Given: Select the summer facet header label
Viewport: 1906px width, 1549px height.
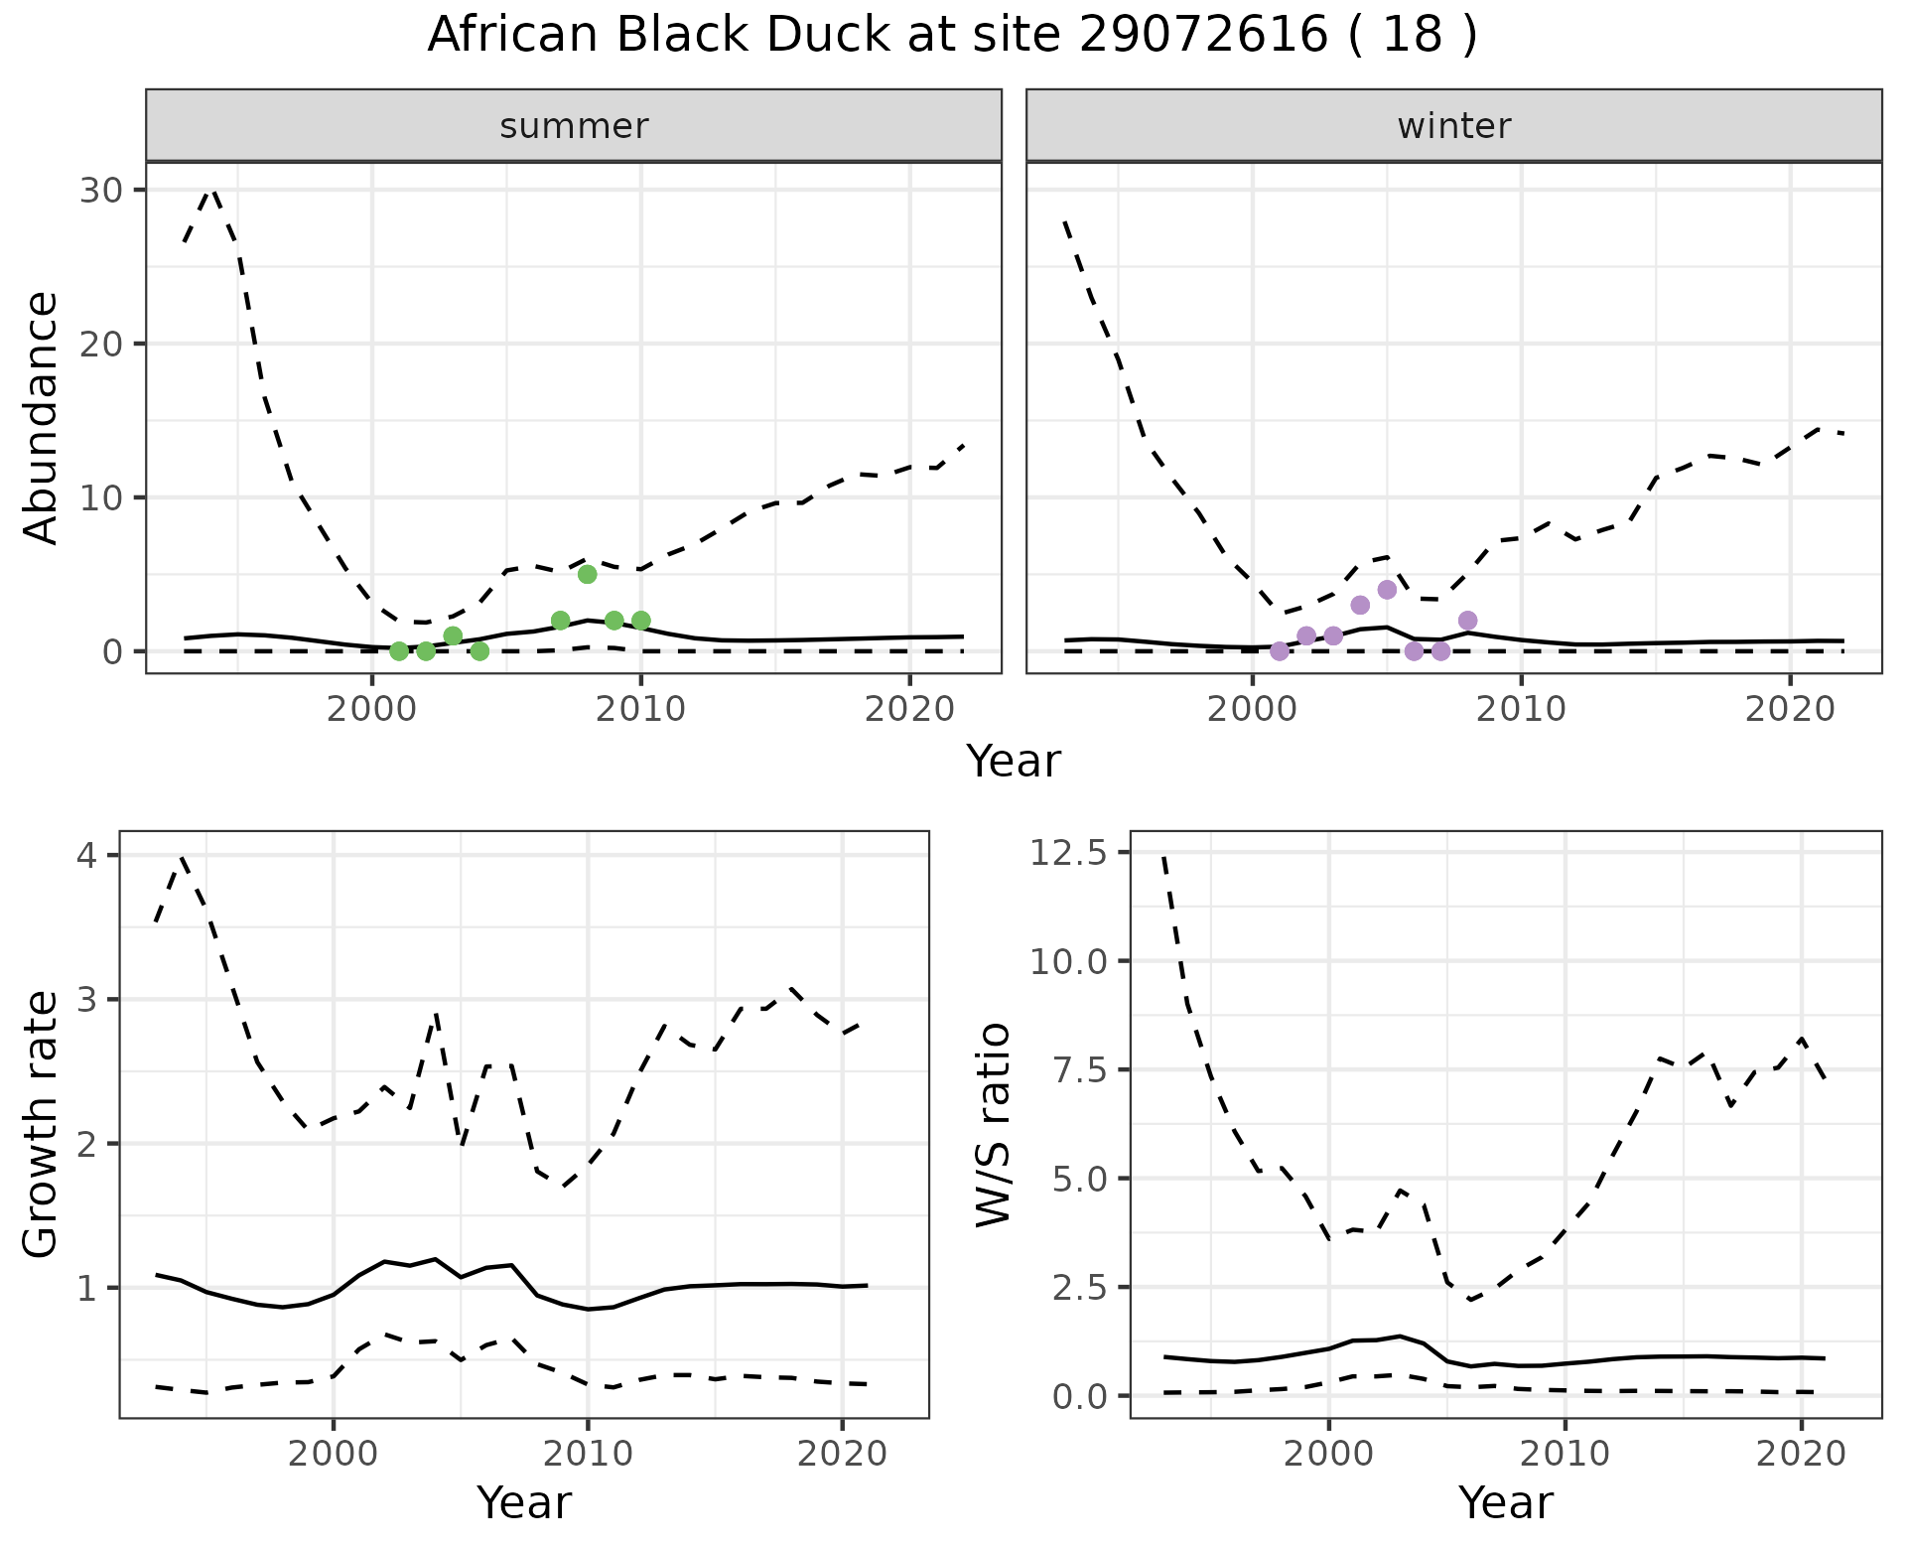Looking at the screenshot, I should pyautogui.click(x=574, y=126).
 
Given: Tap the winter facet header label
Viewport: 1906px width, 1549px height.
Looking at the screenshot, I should pyautogui.click(x=1453, y=126).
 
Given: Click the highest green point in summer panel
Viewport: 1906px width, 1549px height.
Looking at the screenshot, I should pyautogui.click(x=587, y=574).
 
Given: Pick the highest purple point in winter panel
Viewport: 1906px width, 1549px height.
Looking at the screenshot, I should pyautogui.click(x=1387, y=590).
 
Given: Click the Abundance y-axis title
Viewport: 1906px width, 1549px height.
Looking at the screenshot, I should pyautogui.click(x=42, y=417).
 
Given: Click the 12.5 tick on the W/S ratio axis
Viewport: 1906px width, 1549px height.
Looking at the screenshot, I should pyautogui.click(x=1068, y=853).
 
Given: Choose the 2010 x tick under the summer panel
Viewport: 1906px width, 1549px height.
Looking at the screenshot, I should pyautogui.click(x=640, y=709).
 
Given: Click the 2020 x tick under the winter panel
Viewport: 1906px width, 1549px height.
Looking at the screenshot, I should pyautogui.click(x=1789, y=709).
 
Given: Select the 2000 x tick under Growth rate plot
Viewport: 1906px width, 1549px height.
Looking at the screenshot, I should pyautogui.click(x=334, y=1455).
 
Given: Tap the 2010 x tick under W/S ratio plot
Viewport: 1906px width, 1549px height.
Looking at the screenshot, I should pyautogui.click(x=1565, y=1455).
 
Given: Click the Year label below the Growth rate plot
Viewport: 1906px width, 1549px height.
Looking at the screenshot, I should pyautogui.click(x=524, y=1502).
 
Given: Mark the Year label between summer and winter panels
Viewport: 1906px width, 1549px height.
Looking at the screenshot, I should pyautogui.click(x=1014, y=762).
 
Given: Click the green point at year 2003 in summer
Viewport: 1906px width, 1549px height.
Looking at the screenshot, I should pyautogui.click(x=453, y=635).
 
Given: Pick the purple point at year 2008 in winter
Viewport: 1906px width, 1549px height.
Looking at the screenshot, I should pyautogui.click(x=1467, y=621).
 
